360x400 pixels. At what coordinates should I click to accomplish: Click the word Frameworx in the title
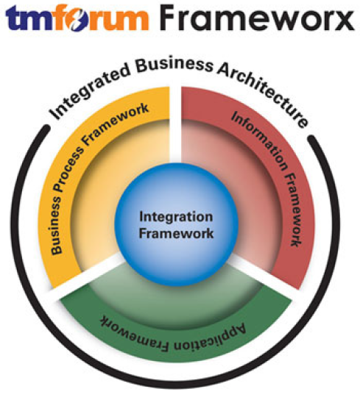(x=258, y=18)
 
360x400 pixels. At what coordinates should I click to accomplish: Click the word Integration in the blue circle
(x=176, y=217)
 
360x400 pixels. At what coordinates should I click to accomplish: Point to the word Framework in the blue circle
(x=176, y=233)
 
